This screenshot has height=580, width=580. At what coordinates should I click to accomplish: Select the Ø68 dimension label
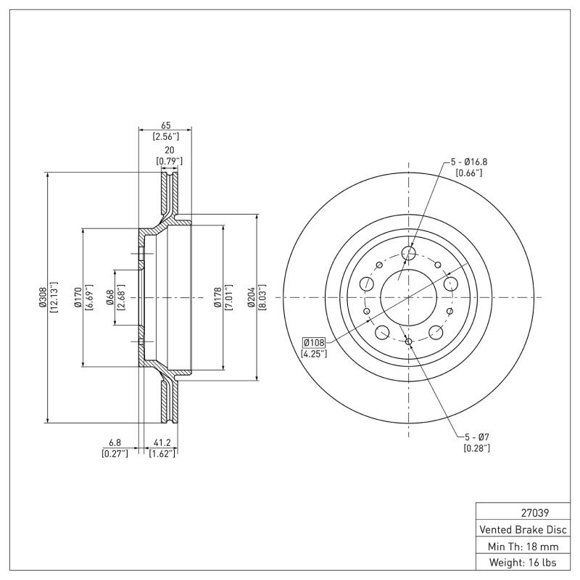click(x=109, y=297)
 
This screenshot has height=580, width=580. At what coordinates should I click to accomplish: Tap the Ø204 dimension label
click(x=252, y=297)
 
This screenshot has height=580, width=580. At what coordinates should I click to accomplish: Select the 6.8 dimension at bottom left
click(x=115, y=442)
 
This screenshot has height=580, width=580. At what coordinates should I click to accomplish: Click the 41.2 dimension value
click(x=162, y=442)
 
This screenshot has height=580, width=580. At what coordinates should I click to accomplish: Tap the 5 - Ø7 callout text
click(x=476, y=436)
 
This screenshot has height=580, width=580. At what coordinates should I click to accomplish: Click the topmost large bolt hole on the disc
click(x=409, y=253)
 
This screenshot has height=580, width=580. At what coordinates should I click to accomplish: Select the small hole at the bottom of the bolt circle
click(x=409, y=341)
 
